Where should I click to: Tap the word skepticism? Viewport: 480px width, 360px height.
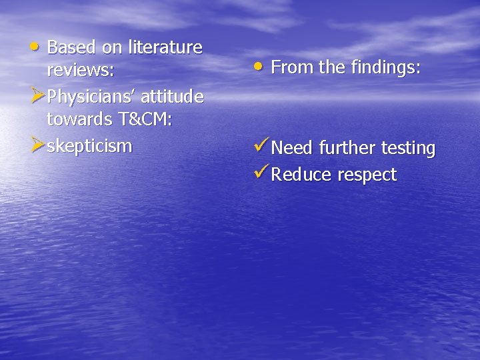[90, 145]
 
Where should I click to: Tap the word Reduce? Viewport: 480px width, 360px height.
[301, 175]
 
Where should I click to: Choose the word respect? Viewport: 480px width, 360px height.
[367, 175]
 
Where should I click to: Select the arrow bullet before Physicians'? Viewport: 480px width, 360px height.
[39, 96]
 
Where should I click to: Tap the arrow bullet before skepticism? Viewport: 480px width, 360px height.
[39, 144]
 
